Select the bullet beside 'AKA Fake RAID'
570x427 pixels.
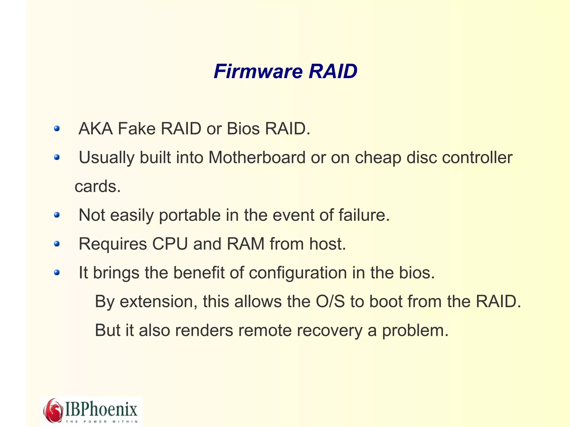pos(57,129)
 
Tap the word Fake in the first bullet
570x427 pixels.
pos(136,129)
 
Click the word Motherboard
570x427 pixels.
pos(257,157)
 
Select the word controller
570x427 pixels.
pos(477,157)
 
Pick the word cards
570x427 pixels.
pos(97,186)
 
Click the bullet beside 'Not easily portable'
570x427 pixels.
pos(57,215)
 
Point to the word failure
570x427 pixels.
pos(364,215)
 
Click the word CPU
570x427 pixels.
pos(170,244)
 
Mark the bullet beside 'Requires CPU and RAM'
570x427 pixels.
pos(57,244)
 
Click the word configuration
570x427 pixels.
pos(298,273)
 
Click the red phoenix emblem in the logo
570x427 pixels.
pos(53,410)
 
